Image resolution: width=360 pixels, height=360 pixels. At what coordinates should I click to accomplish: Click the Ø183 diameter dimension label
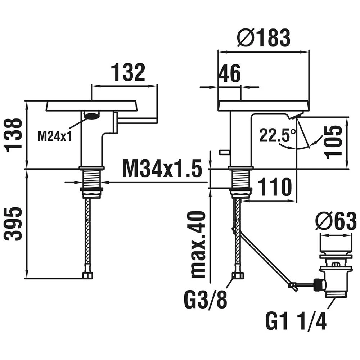tap(264, 38)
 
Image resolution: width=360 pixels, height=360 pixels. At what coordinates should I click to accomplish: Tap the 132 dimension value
tap(128, 72)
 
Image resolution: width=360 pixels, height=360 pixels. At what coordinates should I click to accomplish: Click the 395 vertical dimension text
tap(14, 224)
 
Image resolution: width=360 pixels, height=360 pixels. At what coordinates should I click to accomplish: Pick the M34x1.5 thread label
tap(162, 169)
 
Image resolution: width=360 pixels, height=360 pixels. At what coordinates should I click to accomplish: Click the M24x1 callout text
tap(55, 136)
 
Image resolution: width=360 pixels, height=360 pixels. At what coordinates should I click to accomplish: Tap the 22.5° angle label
tap(277, 135)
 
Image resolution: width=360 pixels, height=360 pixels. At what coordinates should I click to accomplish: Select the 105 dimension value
tap(333, 142)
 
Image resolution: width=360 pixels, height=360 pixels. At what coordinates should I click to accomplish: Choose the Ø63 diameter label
tap(336, 221)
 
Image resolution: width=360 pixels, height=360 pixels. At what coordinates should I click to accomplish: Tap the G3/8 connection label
tap(206, 300)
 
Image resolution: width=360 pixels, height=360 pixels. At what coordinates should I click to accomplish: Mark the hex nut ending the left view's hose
tap(87, 275)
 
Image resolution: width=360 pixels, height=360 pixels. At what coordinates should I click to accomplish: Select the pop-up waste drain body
tap(335, 276)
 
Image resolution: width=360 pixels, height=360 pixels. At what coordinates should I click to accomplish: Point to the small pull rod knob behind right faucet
tap(224, 152)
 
